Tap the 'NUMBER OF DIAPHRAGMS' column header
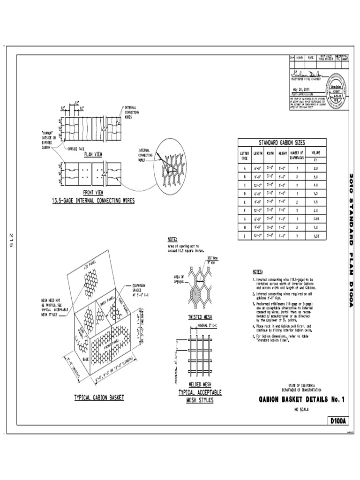coord(297,155)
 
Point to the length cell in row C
coord(258,185)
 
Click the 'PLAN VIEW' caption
coord(94,153)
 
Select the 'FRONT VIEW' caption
coord(93,192)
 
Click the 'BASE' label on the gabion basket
coord(85,359)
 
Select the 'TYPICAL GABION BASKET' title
coord(99,397)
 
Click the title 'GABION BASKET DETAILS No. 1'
coord(301,399)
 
